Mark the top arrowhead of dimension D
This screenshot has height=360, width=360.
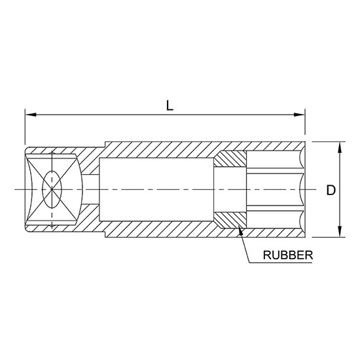(x=340, y=146)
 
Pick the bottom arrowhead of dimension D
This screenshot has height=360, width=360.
(x=340, y=233)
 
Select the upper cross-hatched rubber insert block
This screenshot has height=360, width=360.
(x=230, y=158)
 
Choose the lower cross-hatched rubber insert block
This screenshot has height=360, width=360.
(x=230, y=221)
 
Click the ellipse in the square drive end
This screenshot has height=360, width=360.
(x=51, y=189)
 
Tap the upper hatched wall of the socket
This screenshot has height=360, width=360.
(x=164, y=150)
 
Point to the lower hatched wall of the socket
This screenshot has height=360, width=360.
(x=164, y=230)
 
